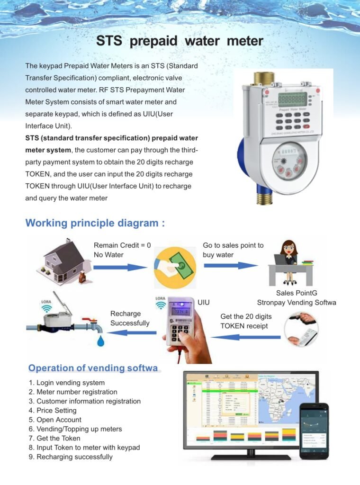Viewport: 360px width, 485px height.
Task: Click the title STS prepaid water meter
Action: click(180, 41)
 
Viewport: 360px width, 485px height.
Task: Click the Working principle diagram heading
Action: click(95, 223)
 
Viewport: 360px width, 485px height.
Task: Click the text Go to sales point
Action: click(233, 245)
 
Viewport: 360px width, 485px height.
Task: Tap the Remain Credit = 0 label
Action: click(122, 245)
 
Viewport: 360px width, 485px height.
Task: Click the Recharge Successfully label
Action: click(130, 318)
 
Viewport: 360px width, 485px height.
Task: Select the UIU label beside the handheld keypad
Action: click(203, 302)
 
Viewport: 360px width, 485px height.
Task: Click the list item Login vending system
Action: click(67, 383)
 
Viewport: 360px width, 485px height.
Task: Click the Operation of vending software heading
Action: click(93, 368)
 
